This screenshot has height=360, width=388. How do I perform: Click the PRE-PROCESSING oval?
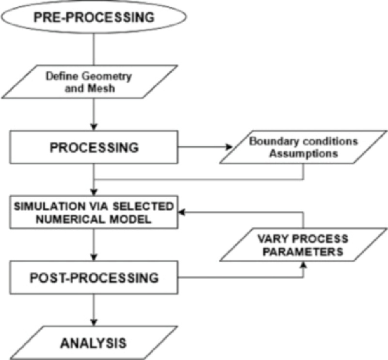tap(94, 18)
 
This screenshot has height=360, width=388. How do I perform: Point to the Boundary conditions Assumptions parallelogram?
tap(303, 148)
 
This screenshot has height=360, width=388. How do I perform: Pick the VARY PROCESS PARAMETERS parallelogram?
tap(303, 246)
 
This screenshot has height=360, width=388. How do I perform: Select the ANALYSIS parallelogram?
tap(93, 343)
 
